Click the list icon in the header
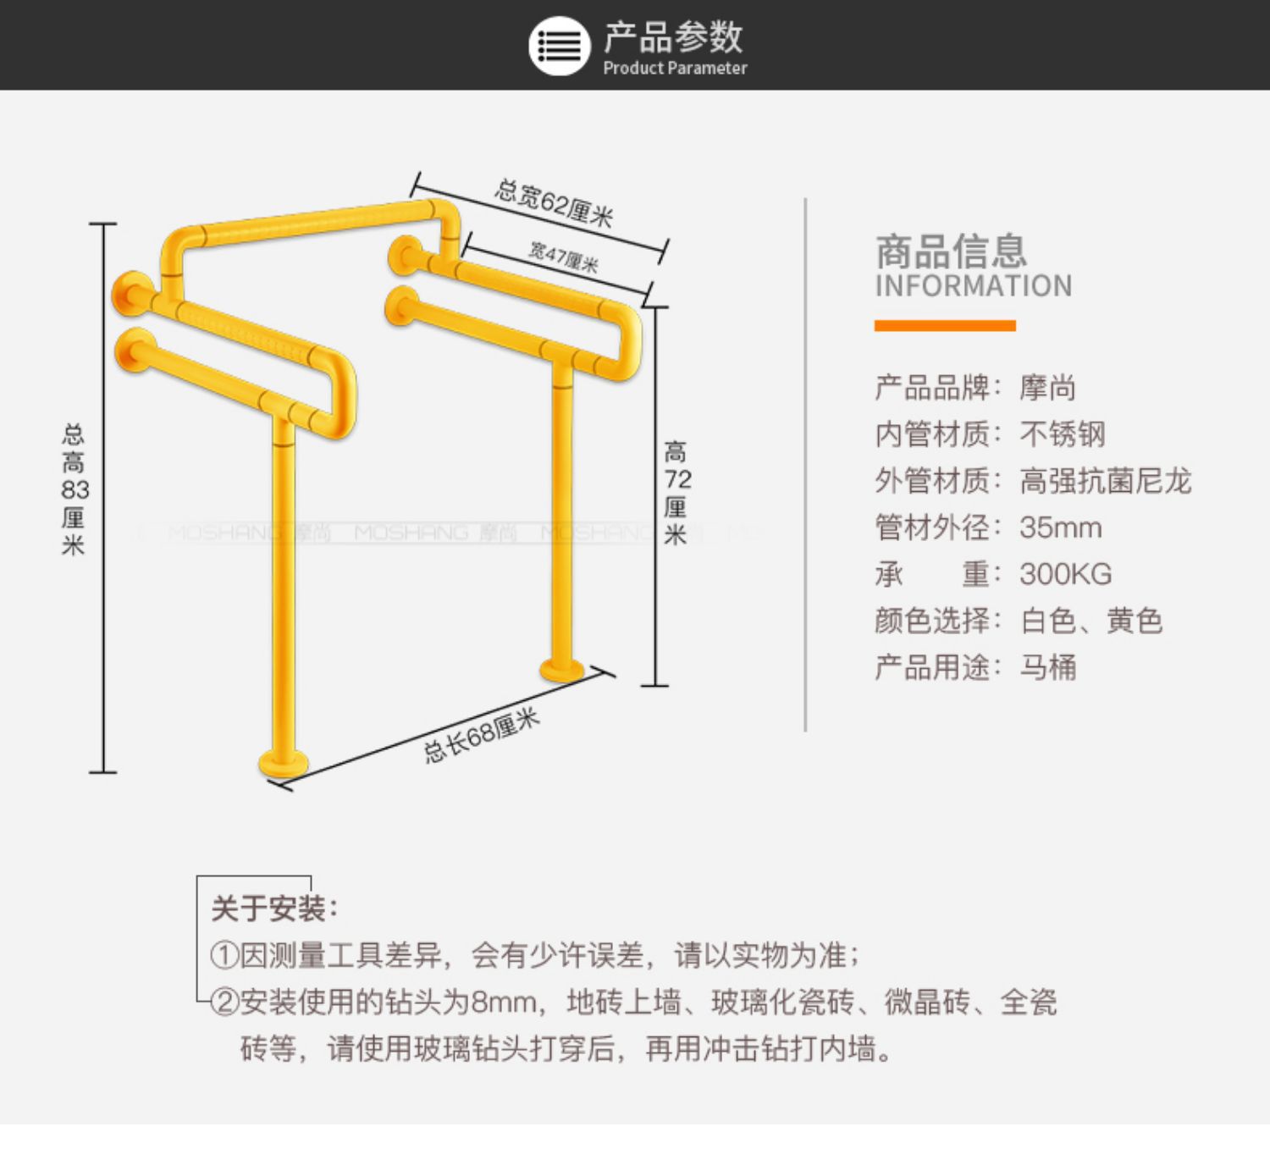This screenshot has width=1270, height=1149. coord(559,46)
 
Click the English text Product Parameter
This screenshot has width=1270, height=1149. coord(675,69)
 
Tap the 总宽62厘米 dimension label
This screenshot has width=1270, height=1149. coord(554,203)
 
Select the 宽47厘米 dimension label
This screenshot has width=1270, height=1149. coord(564,257)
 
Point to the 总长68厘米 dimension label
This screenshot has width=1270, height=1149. coord(481,736)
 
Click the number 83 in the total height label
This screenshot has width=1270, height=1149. coord(75,489)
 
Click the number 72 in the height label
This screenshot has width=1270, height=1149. coord(677,479)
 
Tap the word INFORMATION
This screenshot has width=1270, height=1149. coord(973,286)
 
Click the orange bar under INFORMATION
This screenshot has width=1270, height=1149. coord(945,326)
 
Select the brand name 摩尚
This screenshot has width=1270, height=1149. coord(1048,388)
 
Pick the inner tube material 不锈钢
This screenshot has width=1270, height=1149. coord(1063,434)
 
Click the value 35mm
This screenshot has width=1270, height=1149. coord(1060,528)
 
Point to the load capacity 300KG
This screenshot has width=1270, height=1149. coord(1065,574)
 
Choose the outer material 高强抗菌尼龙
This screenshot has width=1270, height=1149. coord(1105,481)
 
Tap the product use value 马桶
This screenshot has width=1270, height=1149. coord(1048,667)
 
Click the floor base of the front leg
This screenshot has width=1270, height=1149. coord(283,763)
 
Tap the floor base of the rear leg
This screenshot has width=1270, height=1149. coord(562,671)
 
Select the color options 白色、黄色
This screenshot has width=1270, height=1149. coord(1091,621)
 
